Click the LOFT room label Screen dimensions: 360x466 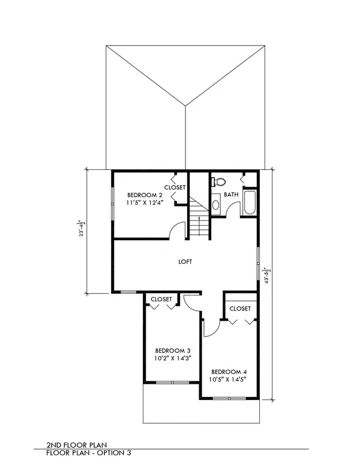coord(185,262)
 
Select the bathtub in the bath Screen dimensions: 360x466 coord(249,202)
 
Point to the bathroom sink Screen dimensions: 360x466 coord(215,204)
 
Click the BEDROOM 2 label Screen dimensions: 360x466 coord(145,195)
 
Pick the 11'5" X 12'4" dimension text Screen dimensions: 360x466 coord(145,203)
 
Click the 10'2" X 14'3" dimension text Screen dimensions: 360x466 coord(173,358)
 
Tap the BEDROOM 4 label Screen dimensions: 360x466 coord(229,372)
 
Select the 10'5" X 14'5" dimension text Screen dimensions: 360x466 coord(229,380)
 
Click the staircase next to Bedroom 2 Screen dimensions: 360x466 coord(199,216)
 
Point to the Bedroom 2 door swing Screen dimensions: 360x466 coord(177,229)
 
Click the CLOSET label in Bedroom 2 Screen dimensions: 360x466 coord(175,187)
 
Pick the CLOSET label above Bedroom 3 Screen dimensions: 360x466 coord(161,299)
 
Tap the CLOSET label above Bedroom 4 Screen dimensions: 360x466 coord(240,309)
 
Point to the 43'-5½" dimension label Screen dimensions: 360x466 coord(268,276)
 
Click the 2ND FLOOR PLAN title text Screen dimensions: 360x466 coord(77,445)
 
